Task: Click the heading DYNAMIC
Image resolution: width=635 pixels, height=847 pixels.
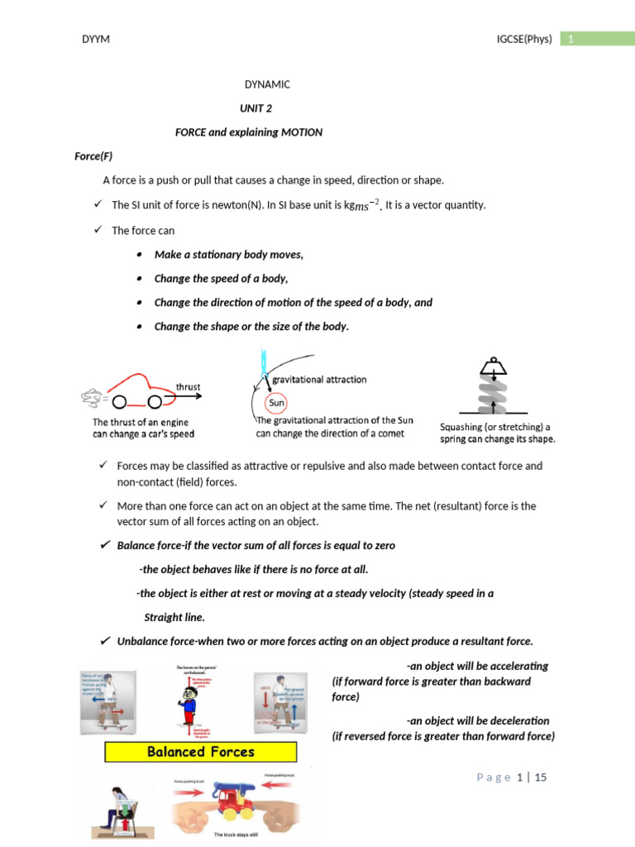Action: tap(267, 84)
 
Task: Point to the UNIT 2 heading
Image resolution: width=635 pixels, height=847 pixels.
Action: tap(255, 108)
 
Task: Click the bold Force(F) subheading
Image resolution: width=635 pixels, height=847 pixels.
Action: tap(93, 156)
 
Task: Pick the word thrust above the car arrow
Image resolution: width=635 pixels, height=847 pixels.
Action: tap(188, 386)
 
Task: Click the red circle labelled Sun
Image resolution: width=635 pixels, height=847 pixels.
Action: tap(276, 404)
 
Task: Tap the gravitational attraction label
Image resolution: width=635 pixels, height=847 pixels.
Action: tap(319, 380)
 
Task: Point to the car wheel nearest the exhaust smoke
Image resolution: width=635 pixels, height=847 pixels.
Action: tap(120, 403)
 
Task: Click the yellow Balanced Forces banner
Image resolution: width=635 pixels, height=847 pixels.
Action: tap(200, 752)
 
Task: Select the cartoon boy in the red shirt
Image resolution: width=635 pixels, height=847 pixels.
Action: tap(187, 700)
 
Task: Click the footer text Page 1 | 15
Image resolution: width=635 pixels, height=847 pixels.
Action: tap(512, 778)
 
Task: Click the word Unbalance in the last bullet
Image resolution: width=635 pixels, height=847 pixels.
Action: tap(141, 641)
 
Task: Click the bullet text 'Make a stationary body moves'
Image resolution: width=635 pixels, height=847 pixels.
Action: tap(228, 255)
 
